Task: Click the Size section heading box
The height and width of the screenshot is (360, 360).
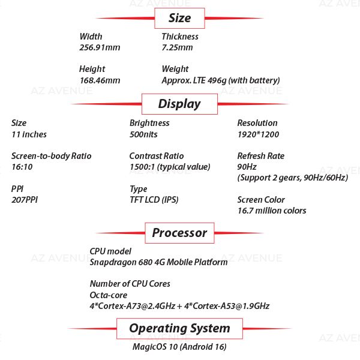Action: pyautogui.click(x=179, y=18)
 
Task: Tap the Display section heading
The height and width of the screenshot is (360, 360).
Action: pyautogui.click(x=179, y=104)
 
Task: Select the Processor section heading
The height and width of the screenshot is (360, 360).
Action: pyautogui.click(x=179, y=233)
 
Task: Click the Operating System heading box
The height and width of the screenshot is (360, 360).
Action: pyautogui.click(x=179, y=329)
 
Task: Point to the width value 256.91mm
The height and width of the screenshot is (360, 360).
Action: pyautogui.click(x=100, y=47)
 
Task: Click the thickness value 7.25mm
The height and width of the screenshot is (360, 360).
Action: pyautogui.click(x=177, y=47)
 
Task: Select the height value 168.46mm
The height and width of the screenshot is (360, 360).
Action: pyautogui.click(x=100, y=80)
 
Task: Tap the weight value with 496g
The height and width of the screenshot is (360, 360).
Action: pyautogui.click(x=221, y=80)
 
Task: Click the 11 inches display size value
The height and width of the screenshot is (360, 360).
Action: pyautogui.click(x=29, y=134)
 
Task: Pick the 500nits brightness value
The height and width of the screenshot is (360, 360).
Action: pyautogui.click(x=143, y=134)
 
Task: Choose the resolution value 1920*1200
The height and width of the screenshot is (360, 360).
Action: pyautogui.click(x=258, y=134)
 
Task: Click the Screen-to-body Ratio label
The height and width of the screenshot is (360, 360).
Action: pyautogui.click(x=52, y=156)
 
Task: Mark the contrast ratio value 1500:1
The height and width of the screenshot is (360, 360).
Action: pyautogui.click(x=170, y=167)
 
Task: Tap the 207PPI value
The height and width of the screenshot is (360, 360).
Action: pyautogui.click(x=25, y=200)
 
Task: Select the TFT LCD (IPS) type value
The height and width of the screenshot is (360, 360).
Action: pyautogui.click(x=154, y=200)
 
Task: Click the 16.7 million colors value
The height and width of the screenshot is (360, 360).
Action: pyautogui.click(x=272, y=211)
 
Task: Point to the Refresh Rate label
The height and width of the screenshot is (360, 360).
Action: pyautogui.click(x=261, y=156)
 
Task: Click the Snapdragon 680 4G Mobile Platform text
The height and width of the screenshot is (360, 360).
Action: pyautogui.click(x=158, y=262)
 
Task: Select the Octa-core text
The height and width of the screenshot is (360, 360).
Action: pyautogui.click(x=109, y=295)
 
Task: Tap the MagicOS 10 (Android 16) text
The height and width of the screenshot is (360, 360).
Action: pyautogui.click(x=179, y=347)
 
